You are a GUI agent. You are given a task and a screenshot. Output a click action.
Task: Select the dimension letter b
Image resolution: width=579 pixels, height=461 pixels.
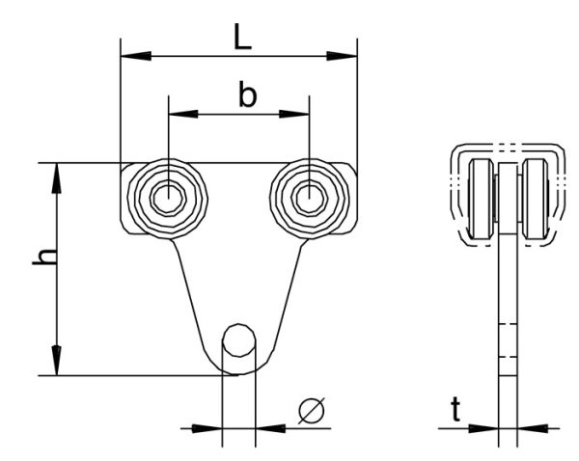tap(247, 95)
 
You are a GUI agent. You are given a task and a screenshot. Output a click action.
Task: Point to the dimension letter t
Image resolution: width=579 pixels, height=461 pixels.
tap(455, 412)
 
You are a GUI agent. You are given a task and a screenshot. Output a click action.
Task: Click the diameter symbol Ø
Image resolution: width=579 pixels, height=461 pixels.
tap(312, 411)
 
